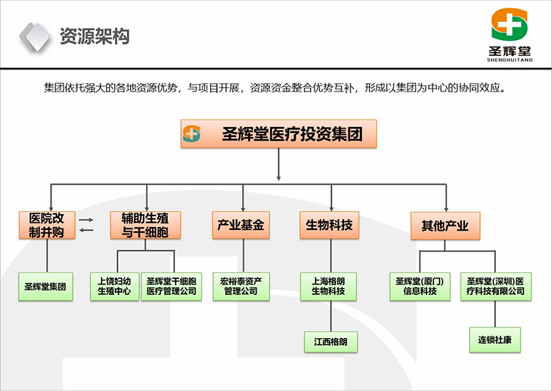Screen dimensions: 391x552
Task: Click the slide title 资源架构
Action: pyautogui.click(x=94, y=36)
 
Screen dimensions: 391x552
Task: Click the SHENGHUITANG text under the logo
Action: pyautogui.click(x=512, y=64)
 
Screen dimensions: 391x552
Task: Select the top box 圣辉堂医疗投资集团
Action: pyautogui.click(x=280, y=135)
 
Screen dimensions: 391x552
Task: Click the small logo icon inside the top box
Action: pyautogui.click(x=192, y=135)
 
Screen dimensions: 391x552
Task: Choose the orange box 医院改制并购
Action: pyautogui.click(x=47, y=225)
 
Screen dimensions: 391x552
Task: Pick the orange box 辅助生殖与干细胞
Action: pyautogui.click(x=144, y=225)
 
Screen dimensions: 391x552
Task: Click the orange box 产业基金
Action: pyautogui.click(x=241, y=225)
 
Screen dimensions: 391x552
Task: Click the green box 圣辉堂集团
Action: pyautogui.click(x=45, y=287)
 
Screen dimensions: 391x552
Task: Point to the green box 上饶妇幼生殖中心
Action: pyautogui.click(x=114, y=287)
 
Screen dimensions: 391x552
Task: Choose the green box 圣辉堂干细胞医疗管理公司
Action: pyautogui.click(x=172, y=287)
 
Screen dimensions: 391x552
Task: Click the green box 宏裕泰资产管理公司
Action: pyautogui.click(x=240, y=287)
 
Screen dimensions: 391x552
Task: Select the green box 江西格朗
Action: pyautogui.click(x=330, y=341)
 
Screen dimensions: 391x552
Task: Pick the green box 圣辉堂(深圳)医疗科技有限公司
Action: pyautogui.click(x=495, y=287)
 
